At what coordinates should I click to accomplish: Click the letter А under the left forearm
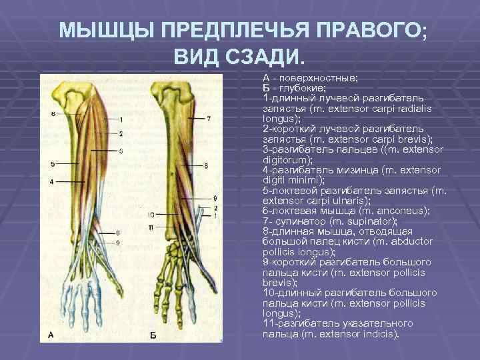(51, 334)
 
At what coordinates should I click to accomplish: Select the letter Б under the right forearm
(152, 334)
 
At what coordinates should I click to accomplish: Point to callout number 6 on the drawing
(52, 114)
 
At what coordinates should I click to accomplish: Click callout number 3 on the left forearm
(121, 151)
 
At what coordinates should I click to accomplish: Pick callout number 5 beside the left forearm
(52, 164)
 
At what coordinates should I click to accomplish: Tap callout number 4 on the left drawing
(52, 181)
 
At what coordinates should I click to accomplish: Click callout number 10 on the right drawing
(151, 215)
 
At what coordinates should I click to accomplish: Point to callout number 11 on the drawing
(151, 228)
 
